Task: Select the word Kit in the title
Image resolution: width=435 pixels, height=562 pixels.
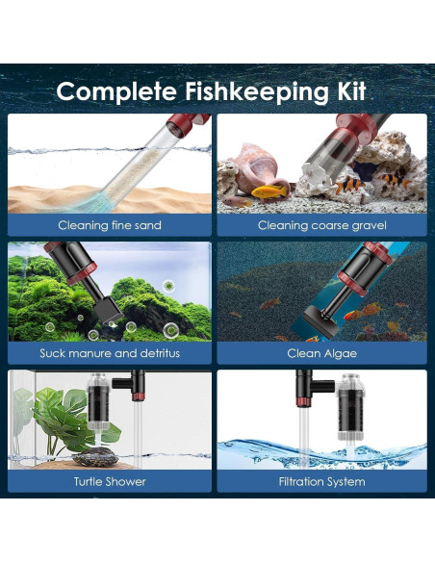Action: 355,91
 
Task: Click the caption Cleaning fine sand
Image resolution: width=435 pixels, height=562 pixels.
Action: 110,225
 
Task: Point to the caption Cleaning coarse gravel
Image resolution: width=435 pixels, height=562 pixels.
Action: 322,225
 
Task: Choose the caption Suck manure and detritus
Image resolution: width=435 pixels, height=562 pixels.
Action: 110,353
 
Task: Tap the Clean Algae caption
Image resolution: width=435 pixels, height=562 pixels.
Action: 322,353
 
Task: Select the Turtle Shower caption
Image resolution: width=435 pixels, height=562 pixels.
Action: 110,480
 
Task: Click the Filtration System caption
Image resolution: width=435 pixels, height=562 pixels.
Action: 322,480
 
